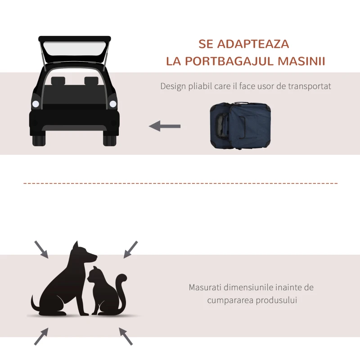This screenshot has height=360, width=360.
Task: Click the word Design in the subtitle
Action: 173,86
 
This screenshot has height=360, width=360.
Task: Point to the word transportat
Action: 309,86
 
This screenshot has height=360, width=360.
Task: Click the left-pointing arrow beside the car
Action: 165,126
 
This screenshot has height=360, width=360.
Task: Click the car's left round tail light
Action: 36,104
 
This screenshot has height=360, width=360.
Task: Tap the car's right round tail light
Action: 113,104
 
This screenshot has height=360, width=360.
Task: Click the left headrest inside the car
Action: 58,81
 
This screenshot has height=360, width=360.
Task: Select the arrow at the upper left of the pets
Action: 41,249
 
